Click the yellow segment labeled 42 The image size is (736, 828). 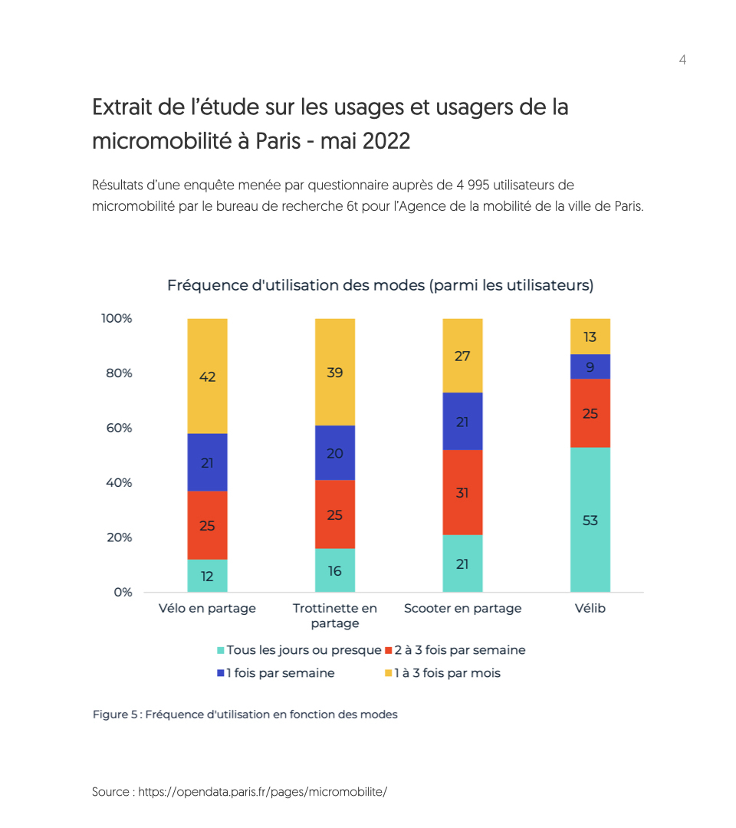(207, 376)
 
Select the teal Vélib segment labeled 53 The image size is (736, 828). (590, 520)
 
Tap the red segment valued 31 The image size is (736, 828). (462, 492)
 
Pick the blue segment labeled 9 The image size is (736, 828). (590, 366)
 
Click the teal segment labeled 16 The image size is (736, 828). (334, 570)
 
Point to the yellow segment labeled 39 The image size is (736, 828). (334, 372)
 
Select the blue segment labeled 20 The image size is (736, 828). (334, 452)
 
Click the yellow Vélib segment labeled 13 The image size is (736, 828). (590, 336)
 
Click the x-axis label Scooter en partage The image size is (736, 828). (462, 608)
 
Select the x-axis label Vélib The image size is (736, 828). (590, 608)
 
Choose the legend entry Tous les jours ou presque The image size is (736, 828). (304, 650)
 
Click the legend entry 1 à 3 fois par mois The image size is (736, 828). (447, 673)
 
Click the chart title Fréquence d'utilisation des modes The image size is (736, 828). (380, 285)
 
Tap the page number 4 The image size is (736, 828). (682, 60)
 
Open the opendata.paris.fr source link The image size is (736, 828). (263, 791)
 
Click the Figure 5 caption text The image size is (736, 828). (245, 714)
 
